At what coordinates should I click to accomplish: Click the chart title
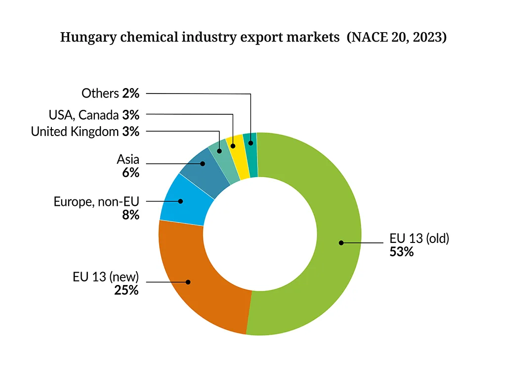[253, 38]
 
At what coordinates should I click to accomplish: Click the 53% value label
[401, 251]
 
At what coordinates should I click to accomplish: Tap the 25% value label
[126, 290]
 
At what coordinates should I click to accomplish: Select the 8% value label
[131, 215]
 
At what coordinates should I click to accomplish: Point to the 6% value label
[131, 173]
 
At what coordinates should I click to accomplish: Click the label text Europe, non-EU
[96, 201]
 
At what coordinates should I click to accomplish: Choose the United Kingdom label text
[75, 132]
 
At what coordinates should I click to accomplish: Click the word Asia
[128, 159]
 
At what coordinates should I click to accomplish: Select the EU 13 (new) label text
[106, 277]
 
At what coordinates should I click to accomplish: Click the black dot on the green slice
[341, 242]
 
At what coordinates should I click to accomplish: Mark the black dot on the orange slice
[188, 282]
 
